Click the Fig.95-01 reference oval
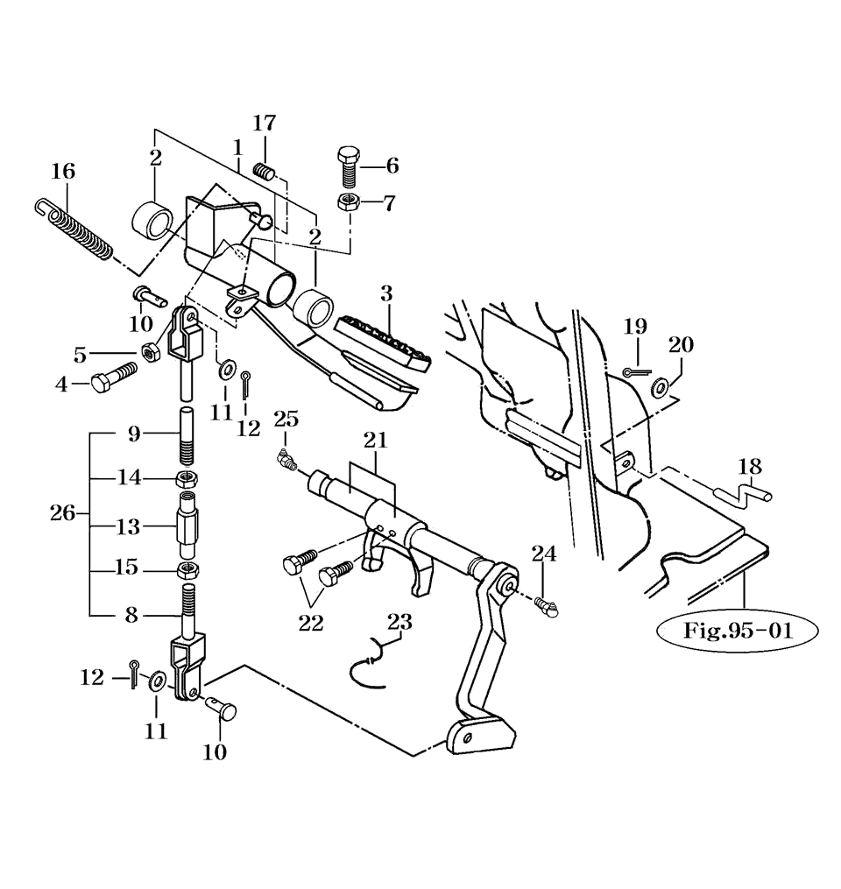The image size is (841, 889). coord(737,630)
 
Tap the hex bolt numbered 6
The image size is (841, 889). coord(348,166)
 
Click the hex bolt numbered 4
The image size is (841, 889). coord(113,377)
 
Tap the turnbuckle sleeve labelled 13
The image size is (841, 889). coord(187,526)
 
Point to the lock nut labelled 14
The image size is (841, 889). coord(187,479)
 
